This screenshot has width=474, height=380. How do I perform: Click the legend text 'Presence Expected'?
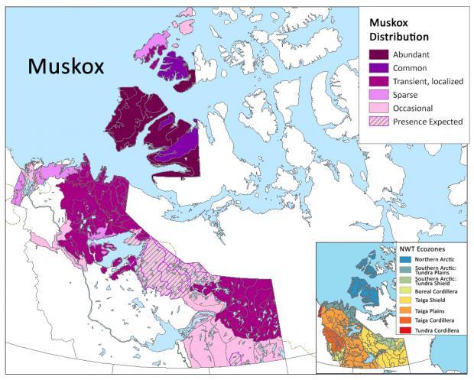click(427, 122)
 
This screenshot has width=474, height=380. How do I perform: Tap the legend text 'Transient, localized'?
click(432, 81)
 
